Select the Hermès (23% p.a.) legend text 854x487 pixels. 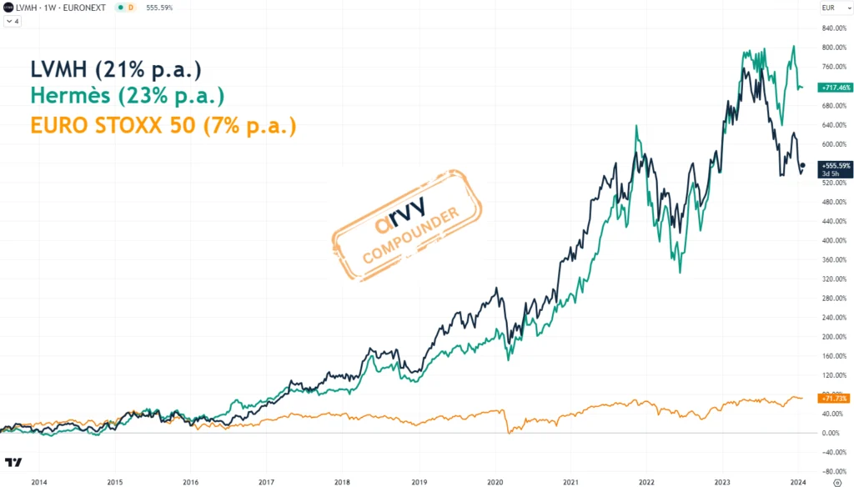[127, 97]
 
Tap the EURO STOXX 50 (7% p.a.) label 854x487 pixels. [163, 126]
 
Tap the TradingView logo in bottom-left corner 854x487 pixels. [13, 462]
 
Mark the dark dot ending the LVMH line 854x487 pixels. [801, 165]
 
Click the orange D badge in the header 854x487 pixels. [130, 8]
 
